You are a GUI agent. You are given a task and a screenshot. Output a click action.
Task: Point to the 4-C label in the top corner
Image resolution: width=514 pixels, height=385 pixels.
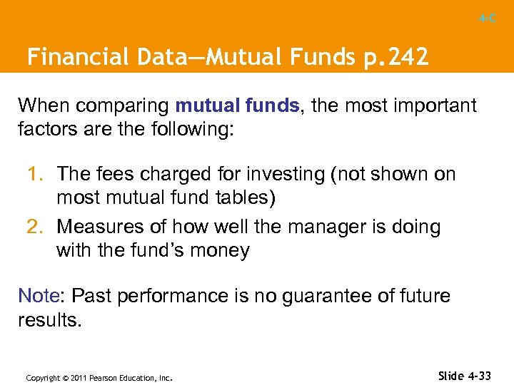[x=488, y=19]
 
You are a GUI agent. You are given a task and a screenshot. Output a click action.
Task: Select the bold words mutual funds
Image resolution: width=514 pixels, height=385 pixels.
[x=238, y=106]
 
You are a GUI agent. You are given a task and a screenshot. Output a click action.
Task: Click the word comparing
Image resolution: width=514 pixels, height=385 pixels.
[x=124, y=107]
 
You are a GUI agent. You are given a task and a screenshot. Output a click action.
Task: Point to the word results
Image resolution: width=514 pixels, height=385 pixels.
[x=50, y=319]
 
